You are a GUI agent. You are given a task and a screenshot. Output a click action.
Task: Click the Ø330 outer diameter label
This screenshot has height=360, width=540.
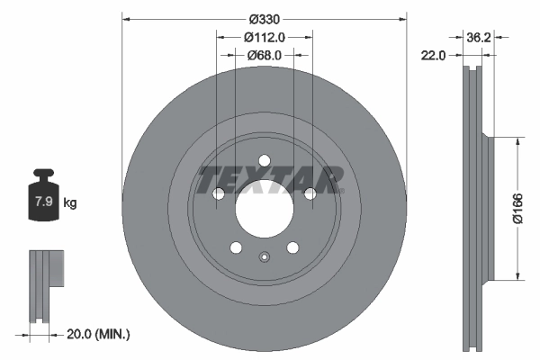(264, 18)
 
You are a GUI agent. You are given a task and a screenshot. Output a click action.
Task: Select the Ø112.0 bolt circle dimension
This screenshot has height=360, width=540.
(264, 37)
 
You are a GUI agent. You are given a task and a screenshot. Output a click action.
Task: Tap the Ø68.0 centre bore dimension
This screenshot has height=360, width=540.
(264, 55)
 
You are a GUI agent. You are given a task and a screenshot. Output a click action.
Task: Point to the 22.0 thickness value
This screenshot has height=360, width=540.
(435, 56)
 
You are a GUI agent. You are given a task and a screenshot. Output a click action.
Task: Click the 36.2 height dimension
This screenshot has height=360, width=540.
(478, 38)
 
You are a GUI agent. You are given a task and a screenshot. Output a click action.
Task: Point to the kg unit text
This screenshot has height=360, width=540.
(69, 203)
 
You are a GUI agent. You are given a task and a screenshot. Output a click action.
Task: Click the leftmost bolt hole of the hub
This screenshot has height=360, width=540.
(218, 194)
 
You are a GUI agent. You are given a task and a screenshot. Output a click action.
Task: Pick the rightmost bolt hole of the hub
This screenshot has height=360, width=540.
(310, 194)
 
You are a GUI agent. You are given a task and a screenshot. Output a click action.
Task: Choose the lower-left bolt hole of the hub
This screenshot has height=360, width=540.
(236, 248)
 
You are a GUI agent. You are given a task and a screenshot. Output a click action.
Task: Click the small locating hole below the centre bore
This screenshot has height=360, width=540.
(264, 259)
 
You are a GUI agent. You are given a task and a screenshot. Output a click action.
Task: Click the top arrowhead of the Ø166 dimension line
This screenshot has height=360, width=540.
(518, 141)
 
